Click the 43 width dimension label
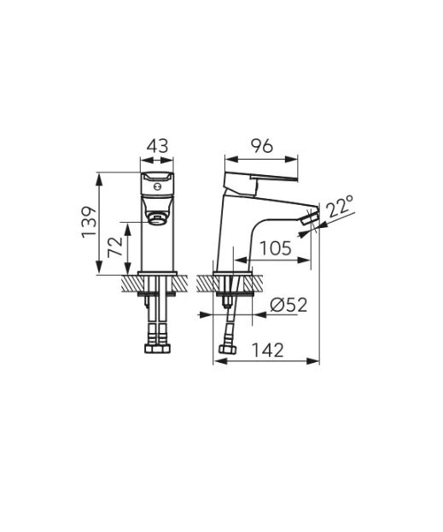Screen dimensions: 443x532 click(x=157, y=146)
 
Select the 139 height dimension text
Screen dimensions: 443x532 click(x=90, y=222)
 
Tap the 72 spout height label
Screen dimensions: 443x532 click(x=114, y=248)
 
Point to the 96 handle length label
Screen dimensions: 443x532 click(x=261, y=146)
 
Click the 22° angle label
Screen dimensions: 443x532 click(x=341, y=206)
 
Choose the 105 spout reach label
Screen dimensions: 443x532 click(x=276, y=248)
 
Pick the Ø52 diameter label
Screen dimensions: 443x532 click(x=289, y=305)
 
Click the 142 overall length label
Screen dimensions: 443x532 click(x=267, y=350)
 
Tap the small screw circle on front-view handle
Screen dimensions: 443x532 click(x=156, y=187)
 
